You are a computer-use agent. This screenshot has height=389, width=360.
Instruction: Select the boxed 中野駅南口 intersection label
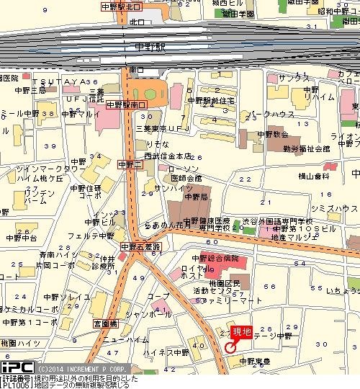[126, 104]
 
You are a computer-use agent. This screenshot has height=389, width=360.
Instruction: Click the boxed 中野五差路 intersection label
[140, 246]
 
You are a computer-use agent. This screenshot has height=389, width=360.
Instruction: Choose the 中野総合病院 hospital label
[214, 257]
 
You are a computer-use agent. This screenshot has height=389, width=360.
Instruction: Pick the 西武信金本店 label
[167, 156]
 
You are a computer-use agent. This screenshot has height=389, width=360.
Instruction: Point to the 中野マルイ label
[80, 112]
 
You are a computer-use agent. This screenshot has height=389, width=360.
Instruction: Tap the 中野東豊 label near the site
[255, 362]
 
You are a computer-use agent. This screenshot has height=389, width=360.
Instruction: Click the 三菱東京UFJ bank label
[161, 128]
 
